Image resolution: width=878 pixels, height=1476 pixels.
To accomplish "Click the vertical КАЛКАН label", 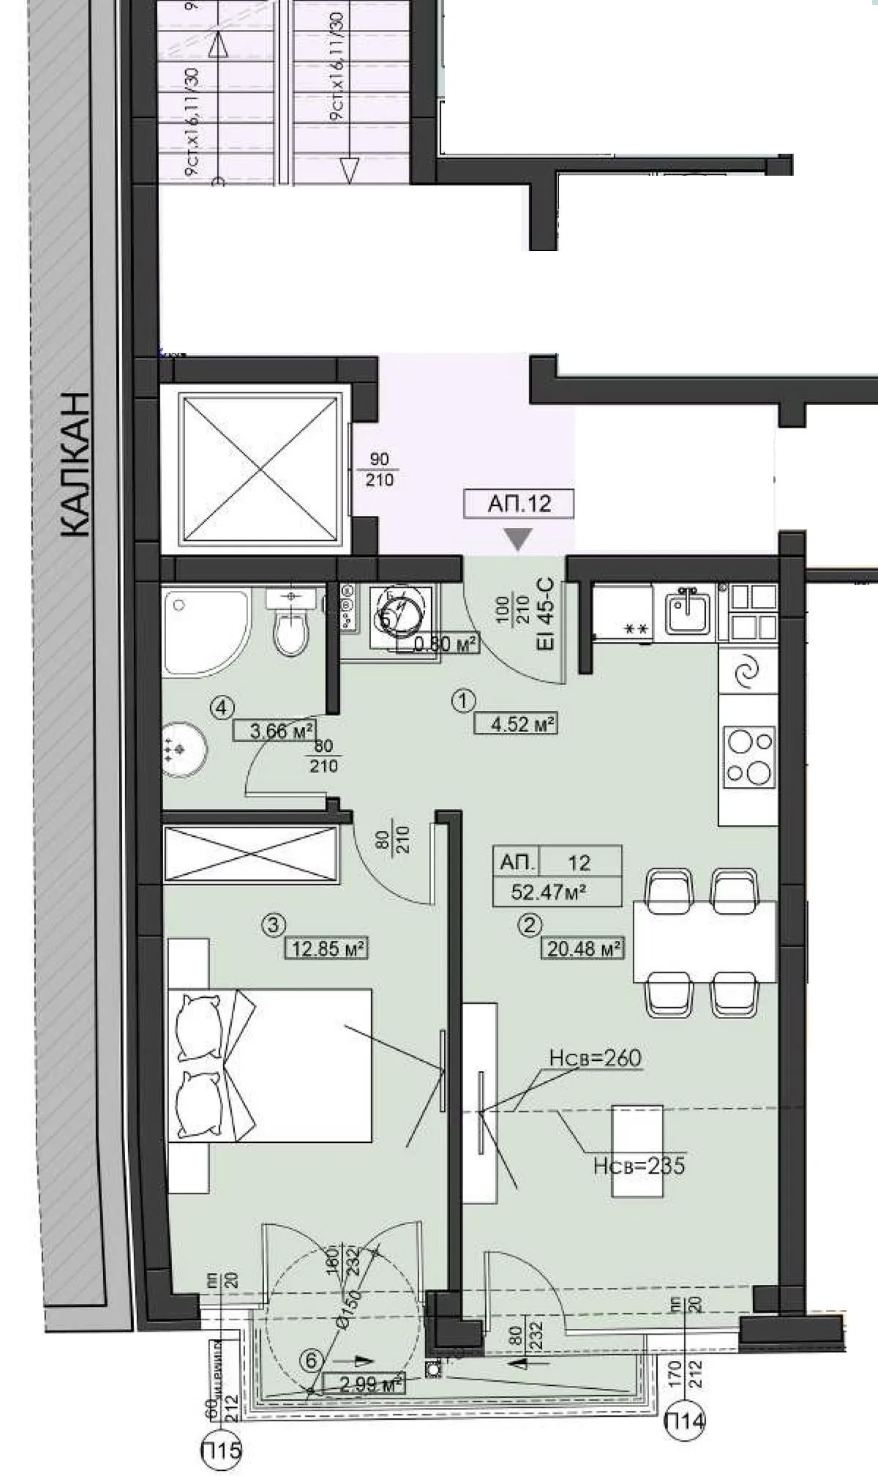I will tap(73, 465).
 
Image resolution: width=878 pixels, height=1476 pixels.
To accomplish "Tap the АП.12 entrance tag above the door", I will tap(519, 504).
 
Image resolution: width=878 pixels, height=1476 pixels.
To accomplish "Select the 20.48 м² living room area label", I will tap(582, 948).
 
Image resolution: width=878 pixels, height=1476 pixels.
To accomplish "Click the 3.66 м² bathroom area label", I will tap(274, 730).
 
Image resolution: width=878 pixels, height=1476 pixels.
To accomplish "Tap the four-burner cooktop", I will tap(748, 756).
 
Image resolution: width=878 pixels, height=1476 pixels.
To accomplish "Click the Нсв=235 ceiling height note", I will tap(639, 1165).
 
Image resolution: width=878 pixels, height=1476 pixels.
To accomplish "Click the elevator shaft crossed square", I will tap(261, 470).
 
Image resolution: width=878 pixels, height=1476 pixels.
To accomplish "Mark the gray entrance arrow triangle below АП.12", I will tap(519, 540).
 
